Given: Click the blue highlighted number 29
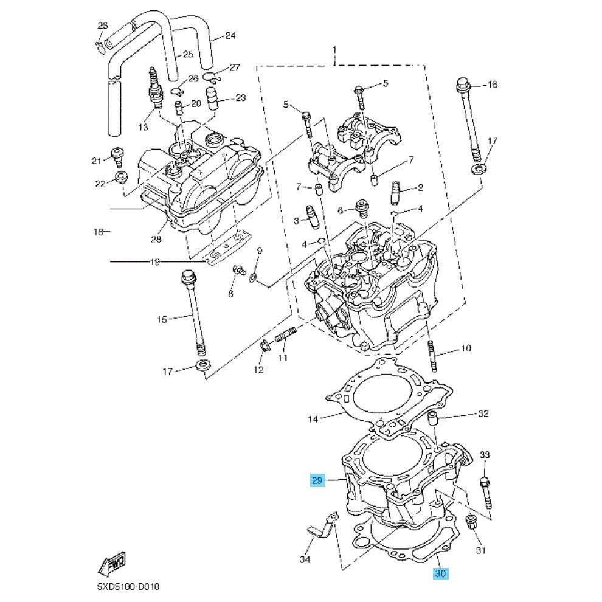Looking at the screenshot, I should [317, 481].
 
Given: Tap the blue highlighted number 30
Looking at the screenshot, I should [440, 573].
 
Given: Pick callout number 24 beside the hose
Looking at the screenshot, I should [229, 35].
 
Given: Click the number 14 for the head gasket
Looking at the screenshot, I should [313, 419].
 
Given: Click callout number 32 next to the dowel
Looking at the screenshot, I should [483, 414].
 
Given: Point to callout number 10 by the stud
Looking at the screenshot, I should [465, 348].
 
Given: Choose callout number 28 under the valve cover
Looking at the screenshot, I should [156, 239].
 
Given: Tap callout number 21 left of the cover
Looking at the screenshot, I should [95, 161].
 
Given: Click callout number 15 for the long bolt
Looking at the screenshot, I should [161, 318].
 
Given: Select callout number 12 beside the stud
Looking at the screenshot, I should [258, 370].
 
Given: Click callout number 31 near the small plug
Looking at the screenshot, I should [480, 551].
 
